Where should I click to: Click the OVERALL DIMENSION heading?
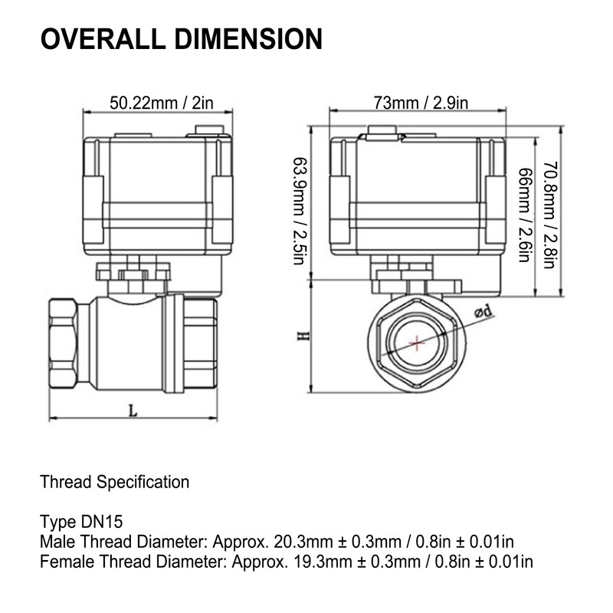(x=181, y=38)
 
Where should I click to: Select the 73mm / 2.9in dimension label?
(x=420, y=103)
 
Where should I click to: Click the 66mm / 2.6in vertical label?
(x=525, y=215)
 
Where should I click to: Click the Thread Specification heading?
(x=114, y=483)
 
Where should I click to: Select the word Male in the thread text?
(x=56, y=543)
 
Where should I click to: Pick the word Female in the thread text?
(x=64, y=562)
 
